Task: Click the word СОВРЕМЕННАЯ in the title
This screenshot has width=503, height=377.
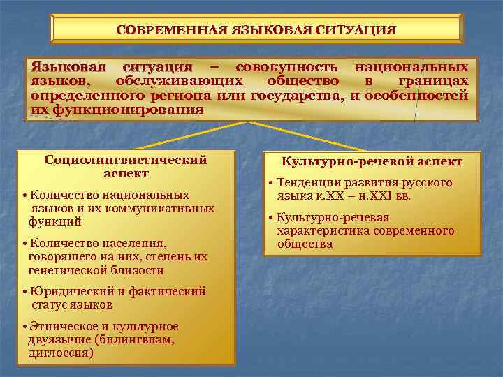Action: point(172,30)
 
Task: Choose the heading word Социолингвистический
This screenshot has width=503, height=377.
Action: point(126,160)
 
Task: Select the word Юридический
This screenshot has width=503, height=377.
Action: point(67,292)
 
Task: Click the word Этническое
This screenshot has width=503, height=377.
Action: point(62,327)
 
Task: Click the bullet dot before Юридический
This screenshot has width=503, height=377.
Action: point(24,293)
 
